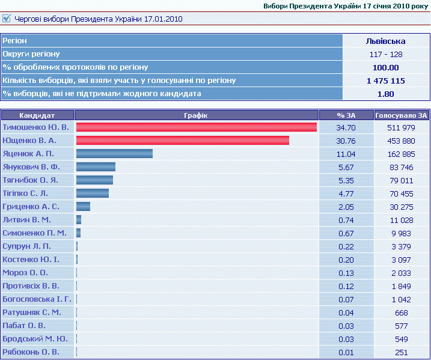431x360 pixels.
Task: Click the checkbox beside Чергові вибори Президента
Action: pyautogui.click(x=7, y=19)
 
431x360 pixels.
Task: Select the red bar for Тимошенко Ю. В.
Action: pyautogui.click(x=197, y=127)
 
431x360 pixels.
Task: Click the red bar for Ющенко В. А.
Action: pyautogui.click(x=183, y=141)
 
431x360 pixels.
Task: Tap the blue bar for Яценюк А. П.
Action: pyautogui.click(x=114, y=154)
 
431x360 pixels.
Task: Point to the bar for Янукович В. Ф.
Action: pyautogui.click(x=96, y=167)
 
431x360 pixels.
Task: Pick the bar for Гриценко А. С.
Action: pyautogui.click(x=83, y=207)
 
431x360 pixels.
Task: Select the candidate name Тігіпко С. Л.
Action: pyautogui.click(x=25, y=194)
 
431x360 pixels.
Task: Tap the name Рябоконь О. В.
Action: pyautogui.click(x=31, y=352)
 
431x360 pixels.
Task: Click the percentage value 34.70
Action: pyautogui.click(x=346, y=127)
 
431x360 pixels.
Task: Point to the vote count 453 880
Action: pyautogui.click(x=401, y=141)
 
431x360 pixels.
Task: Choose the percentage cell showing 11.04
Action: pyautogui.click(x=346, y=154)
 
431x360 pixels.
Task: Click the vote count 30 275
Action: pyautogui.click(x=401, y=207)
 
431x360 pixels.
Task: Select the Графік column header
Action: pyautogui.click(x=197, y=115)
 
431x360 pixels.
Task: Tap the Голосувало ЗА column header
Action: pyautogui.click(x=401, y=115)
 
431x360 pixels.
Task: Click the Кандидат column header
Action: pyautogui.click(x=37, y=115)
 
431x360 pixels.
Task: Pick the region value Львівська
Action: pyautogui.click(x=385, y=41)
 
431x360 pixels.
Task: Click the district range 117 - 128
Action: pyautogui.click(x=385, y=54)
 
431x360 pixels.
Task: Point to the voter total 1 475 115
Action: pyautogui.click(x=385, y=81)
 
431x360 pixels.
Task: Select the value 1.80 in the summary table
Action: pyautogui.click(x=385, y=94)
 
